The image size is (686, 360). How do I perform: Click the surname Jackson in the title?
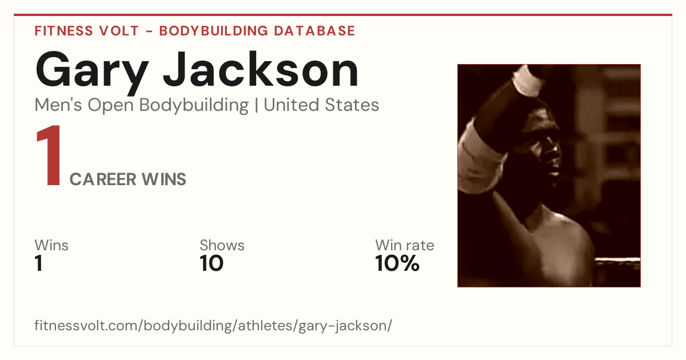tap(261, 69)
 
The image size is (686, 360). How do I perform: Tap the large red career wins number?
tap(49, 155)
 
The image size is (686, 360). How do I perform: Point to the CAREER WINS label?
tap(127, 179)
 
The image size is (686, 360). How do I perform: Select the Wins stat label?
tap(51, 245)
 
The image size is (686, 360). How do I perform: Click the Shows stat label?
tap(222, 245)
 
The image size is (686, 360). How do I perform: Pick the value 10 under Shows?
tap(212, 263)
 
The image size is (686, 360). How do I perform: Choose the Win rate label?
tap(405, 245)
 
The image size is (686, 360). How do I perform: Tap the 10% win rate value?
tap(397, 263)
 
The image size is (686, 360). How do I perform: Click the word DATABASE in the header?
tap(314, 31)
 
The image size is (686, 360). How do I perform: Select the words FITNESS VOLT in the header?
tap(87, 31)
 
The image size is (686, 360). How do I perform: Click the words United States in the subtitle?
tap(321, 105)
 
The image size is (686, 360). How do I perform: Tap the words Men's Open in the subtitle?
tap(84, 105)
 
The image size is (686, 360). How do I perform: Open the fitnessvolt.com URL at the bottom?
tap(213, 326)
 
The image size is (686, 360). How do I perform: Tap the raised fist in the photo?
tap(527, 80)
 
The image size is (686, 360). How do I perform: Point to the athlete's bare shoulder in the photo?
tap(564, 242)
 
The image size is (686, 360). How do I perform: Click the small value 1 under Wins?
tap(39, 263)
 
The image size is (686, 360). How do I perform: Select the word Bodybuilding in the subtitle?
tap(194, 105)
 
